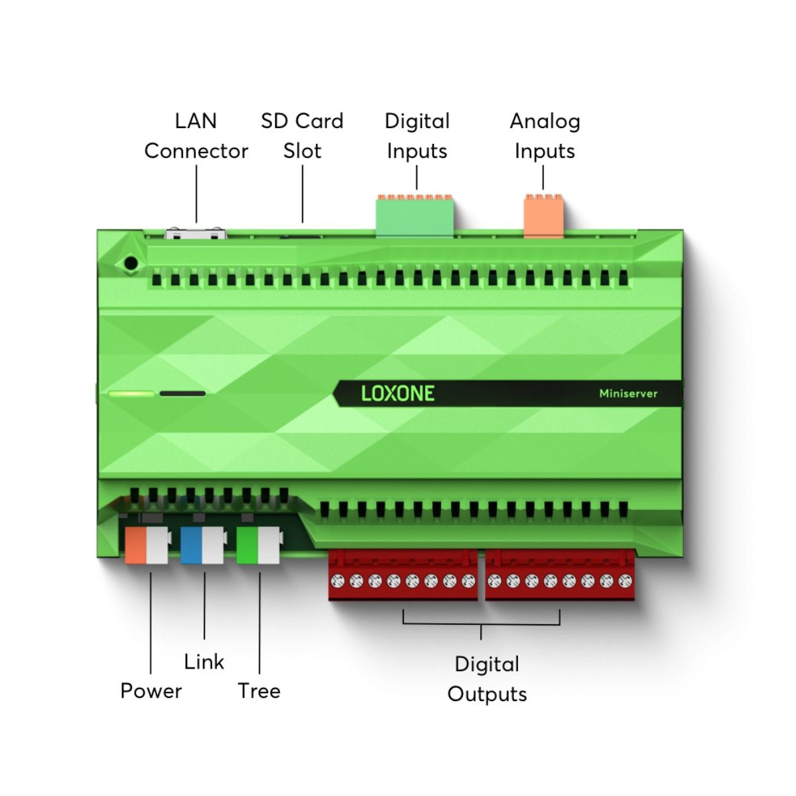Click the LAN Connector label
(196, 136)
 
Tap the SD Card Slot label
(302, 136)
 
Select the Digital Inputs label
(417, 136)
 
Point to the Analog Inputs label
(545, 136)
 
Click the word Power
(151, 691)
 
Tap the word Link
(204, 662)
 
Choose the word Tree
(259, 691)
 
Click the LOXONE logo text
(398, 393)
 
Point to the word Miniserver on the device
(628, 393)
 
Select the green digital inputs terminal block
(415, 215)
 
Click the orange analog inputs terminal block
(544, 215)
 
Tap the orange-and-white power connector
(147, 545)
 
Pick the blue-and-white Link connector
(203, 545)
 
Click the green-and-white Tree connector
(259, 545)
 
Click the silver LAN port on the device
(196, 233)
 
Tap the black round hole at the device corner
(131, 263)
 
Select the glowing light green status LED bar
(131, 393)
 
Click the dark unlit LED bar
(182, 393)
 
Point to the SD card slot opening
(300, 237)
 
